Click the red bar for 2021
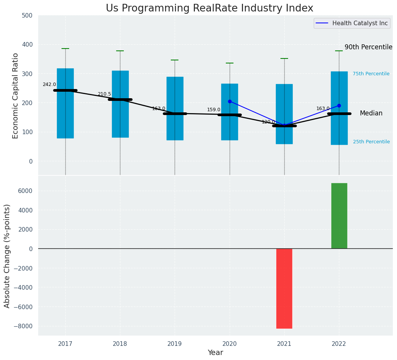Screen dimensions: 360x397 284,289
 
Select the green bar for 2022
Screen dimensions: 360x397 339,216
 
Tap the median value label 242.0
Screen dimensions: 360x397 49,84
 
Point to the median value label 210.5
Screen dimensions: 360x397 104,94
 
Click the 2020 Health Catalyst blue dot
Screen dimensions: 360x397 230,101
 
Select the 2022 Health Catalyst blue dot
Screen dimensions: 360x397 339,105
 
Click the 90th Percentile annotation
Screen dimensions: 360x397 368,47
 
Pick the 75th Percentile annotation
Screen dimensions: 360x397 371,74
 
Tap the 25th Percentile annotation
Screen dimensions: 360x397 371,142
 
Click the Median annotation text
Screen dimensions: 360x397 371,114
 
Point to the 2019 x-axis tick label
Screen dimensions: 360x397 175,344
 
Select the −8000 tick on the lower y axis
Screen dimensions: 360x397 23,326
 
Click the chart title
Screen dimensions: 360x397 209,8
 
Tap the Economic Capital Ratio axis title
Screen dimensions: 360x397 16,96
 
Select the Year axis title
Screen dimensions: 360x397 216,353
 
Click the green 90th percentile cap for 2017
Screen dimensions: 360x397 65,49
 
